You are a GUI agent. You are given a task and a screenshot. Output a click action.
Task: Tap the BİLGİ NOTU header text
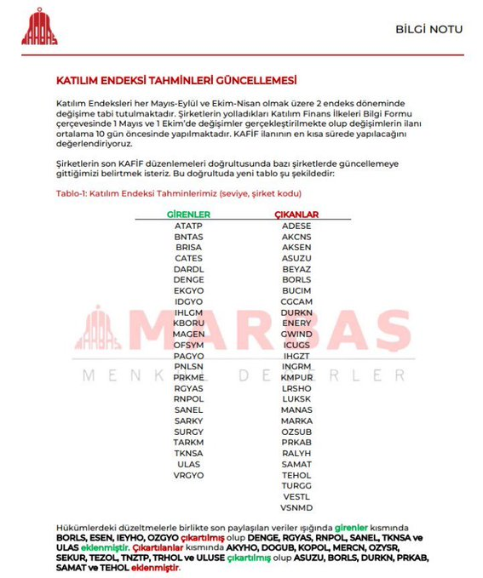click(429, 29)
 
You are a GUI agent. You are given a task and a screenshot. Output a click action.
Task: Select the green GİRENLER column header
click(188, 215)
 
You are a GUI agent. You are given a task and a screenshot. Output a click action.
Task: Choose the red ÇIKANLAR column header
click(296, 215)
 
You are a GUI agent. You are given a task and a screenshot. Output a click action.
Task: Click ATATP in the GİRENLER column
click(188, 226)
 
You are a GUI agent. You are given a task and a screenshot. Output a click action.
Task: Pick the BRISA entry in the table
click(188, 247)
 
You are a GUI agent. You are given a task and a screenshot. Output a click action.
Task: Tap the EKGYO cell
click(188, 290)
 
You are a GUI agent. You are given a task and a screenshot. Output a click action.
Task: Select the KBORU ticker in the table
click(188, 323)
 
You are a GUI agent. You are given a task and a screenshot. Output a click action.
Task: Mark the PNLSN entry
click(188, 366)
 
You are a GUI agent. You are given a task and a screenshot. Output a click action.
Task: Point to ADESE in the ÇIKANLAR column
click(296, 226)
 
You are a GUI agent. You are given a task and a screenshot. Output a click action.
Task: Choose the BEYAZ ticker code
click(296, 269)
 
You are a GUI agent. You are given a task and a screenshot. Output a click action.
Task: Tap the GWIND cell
click(296, 334)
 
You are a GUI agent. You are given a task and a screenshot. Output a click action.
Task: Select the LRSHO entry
click(296, 387)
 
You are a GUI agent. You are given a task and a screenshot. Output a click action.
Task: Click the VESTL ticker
click(296, 496)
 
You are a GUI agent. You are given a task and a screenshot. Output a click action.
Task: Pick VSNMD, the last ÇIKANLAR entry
click(296, 507)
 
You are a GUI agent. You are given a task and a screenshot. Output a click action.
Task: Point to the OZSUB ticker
click(296, 432)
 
